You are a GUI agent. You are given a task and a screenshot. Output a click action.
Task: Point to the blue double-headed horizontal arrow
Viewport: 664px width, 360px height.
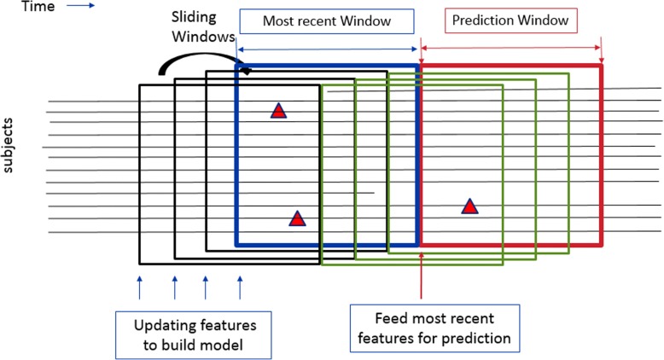328,49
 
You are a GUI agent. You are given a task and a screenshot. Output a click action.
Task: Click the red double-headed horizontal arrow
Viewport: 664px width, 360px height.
511,49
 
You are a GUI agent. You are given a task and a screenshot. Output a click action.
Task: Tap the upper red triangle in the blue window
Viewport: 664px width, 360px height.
278,110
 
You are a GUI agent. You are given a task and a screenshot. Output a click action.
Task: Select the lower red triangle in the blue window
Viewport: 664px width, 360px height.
297,218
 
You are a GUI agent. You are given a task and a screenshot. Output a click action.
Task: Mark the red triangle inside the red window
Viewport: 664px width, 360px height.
469,206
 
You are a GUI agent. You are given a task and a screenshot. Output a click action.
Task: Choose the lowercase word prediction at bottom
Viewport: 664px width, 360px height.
476,339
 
